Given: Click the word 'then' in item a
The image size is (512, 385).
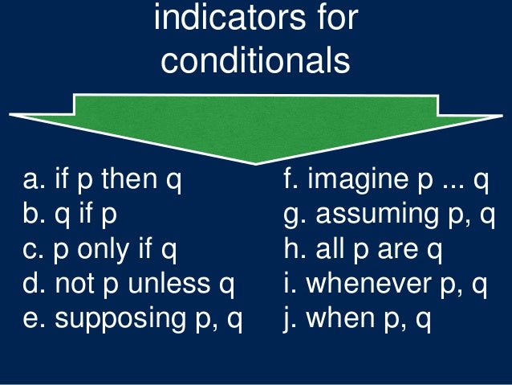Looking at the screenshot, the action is coord(124,181).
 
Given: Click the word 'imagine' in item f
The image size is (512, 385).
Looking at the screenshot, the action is coord(352,181).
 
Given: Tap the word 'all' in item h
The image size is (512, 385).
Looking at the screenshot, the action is coord(330,251).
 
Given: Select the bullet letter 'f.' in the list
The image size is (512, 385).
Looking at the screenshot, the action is coord(291,181).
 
